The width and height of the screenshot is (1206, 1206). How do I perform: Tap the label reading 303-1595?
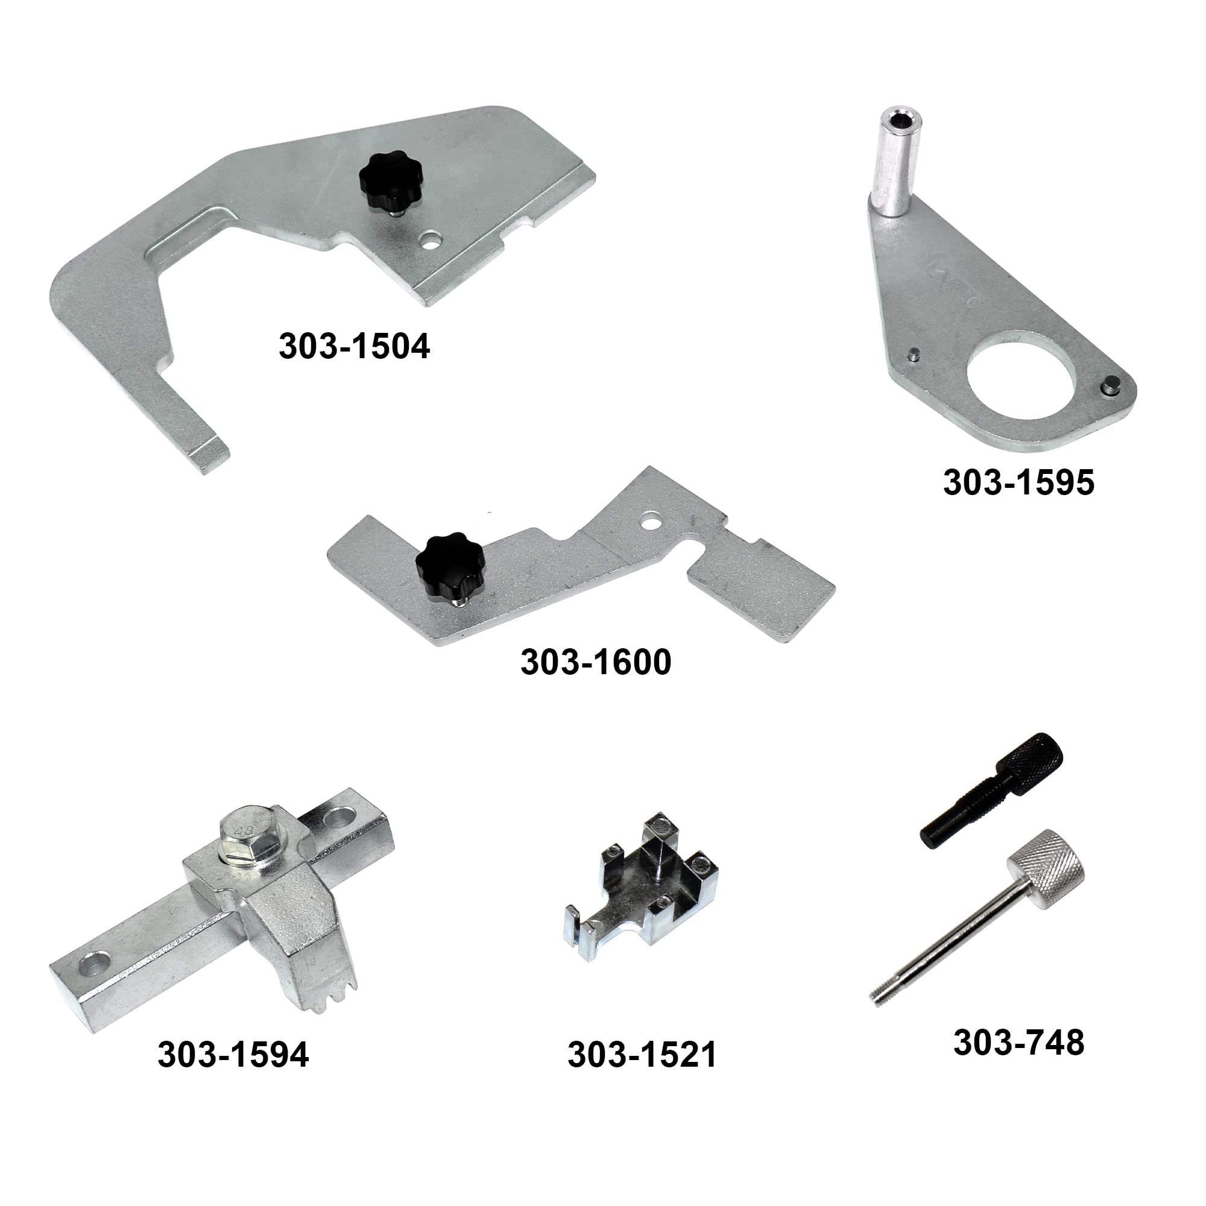(x=1018, y=482)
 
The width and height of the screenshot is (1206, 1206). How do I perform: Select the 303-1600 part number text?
(x=596, y=662)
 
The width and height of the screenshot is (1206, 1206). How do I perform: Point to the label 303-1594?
(x=233, y=1055)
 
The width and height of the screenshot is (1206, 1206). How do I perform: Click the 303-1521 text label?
(x=642, y=1055)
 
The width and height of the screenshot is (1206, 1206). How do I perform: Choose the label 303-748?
(x=1018, y=1043)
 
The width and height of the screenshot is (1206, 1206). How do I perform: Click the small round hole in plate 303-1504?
(x=431, y=241)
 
